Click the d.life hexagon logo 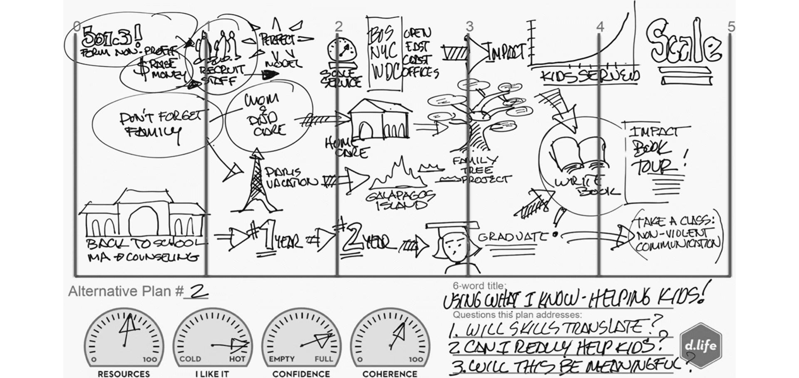pos(701,346)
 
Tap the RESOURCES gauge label pos(124,374)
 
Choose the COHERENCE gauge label pos(390,374)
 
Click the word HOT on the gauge pos(237,359)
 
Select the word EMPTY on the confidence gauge pos(282,359)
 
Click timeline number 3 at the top pos(469,27)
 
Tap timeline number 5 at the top pos(731,27)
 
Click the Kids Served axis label pos(589,76)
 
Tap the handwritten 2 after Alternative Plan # pos(198,292)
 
